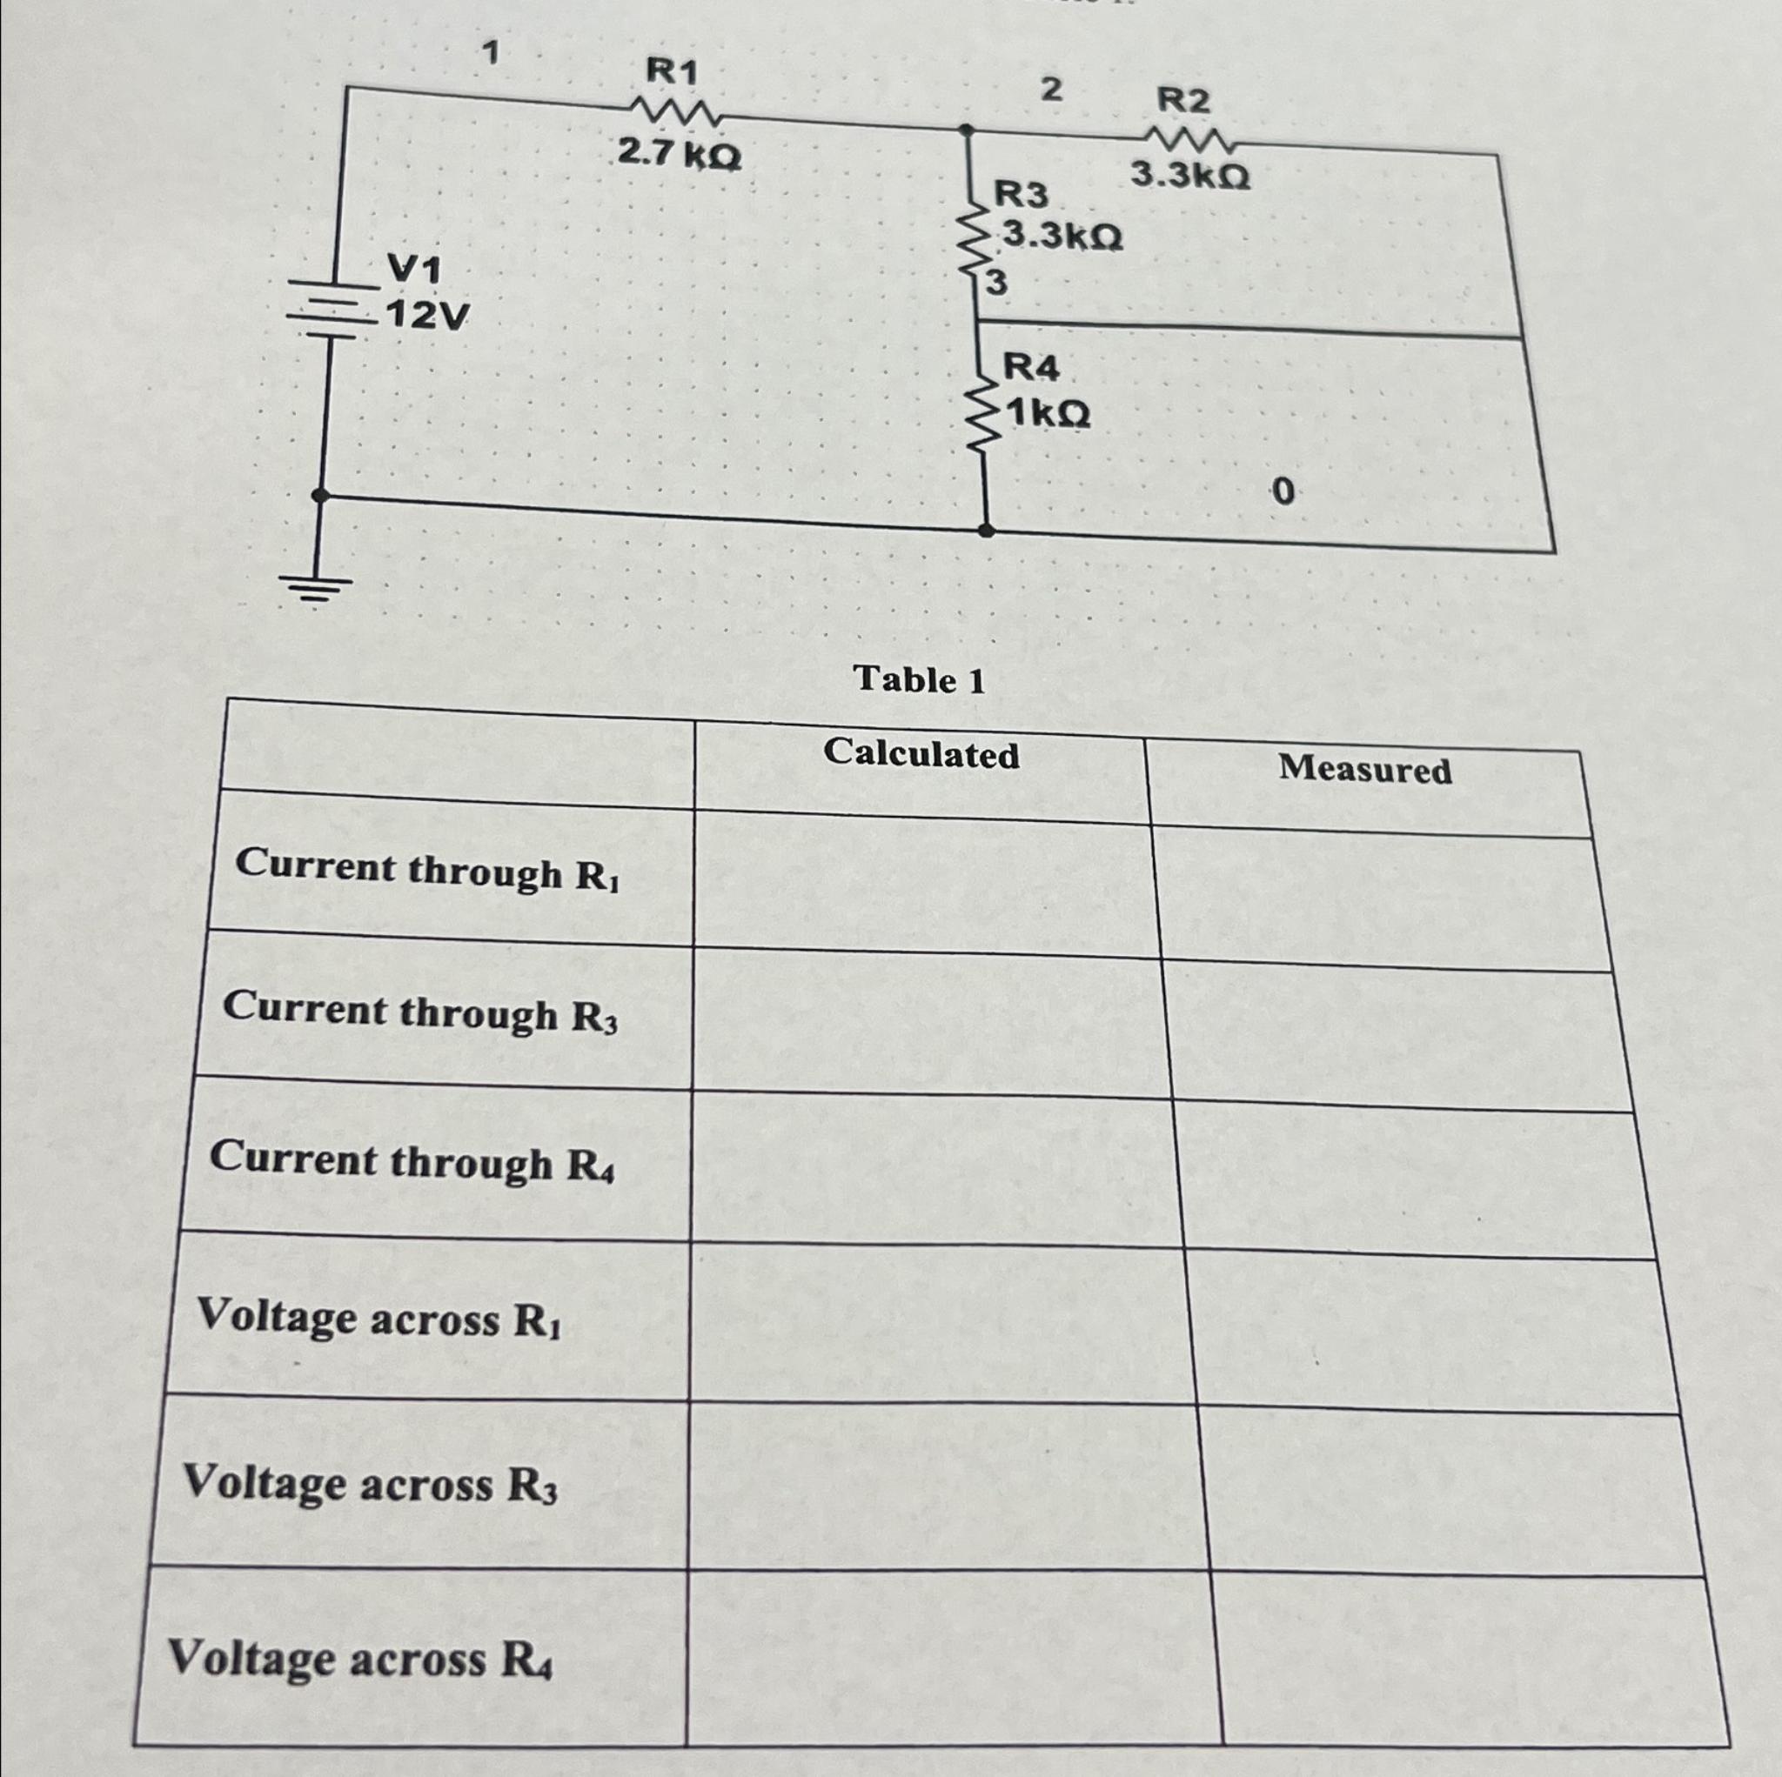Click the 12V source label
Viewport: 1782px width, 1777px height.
[x=426, y=317]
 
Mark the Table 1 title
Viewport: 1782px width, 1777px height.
[x=920, y=680]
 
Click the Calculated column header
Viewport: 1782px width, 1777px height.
[x=921, y=753]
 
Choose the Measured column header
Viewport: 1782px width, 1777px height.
[x=1364, y=769]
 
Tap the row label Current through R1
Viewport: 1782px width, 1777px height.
[x=427, y=872]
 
